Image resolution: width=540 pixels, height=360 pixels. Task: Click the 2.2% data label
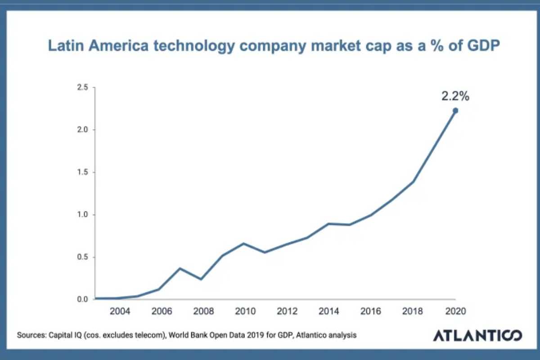coord(454,96)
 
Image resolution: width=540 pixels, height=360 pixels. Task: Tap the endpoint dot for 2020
coord(455,111)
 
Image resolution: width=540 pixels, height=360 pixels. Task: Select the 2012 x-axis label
coord(286,311)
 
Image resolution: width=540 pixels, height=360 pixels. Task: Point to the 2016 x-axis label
coord(371,311)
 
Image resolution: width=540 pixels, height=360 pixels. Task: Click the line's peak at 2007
coord(180,268)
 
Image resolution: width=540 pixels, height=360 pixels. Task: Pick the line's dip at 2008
coord(201,279)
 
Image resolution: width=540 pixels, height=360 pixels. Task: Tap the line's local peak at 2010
coord(243,243)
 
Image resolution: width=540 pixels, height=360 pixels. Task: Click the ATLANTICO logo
coord(477,336)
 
